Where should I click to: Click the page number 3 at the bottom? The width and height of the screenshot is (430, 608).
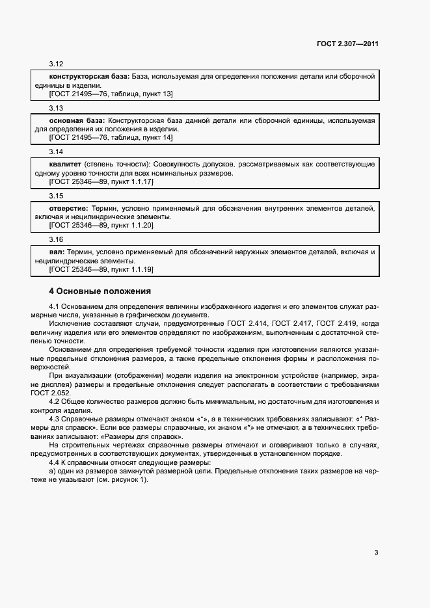tap(376, 553)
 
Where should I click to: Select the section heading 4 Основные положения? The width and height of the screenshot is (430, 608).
tap(100, 291)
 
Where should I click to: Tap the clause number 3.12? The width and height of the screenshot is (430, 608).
tap(56, 64)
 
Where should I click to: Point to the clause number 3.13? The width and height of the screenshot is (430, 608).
tap(56, 108)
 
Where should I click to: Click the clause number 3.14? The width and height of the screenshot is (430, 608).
tap(56, 152)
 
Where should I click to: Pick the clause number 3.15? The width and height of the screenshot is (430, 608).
tap(56, 196)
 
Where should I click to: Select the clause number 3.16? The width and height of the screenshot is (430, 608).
tap(56, 239)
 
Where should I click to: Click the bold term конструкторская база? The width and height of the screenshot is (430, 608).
tap(89, 77)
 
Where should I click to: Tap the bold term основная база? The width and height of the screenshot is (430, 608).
tap(77, 121)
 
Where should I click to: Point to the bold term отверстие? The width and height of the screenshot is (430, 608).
tap(69, 208)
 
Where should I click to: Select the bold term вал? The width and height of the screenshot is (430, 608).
tap(57, 252)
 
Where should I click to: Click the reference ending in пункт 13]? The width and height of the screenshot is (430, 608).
tap(111, 94)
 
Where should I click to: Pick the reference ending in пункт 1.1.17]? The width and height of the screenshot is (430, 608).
tap(101, 182)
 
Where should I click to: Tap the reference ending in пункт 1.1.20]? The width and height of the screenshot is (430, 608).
tap(101, 226)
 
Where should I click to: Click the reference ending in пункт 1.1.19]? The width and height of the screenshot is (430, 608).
tap(101, 269)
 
